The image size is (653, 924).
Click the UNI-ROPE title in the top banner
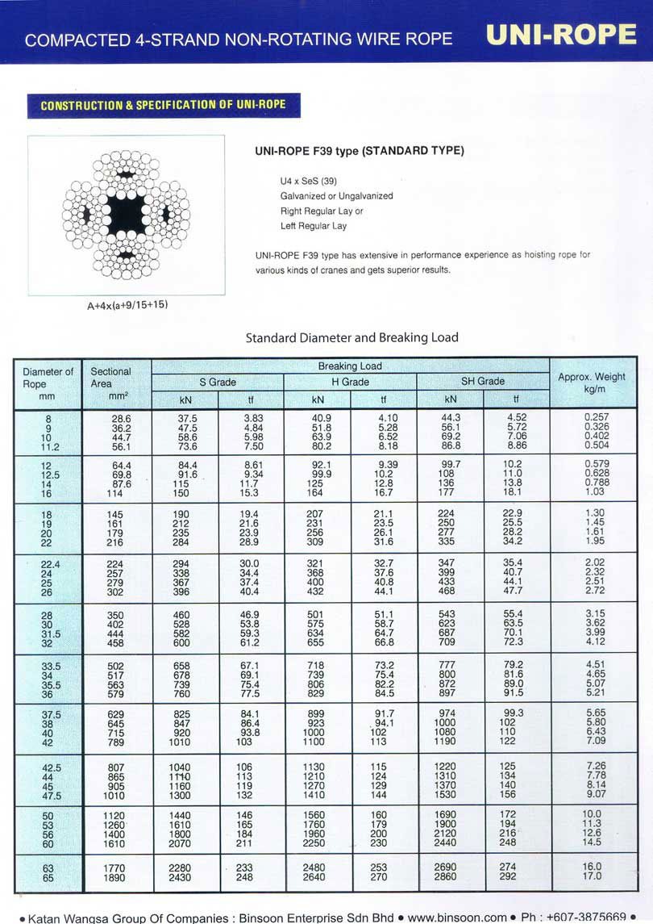point(562,35)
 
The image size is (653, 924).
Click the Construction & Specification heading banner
point(164,106)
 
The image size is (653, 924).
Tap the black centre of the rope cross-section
point(126,215)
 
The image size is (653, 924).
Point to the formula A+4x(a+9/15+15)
point(127,305)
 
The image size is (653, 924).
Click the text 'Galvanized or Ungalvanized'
point(336,196)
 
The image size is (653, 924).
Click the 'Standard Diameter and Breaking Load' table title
point(351,337)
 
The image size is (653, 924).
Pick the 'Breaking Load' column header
point(350,366)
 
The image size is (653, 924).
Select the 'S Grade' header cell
point(218,382)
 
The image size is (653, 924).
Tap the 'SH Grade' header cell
point(483,382)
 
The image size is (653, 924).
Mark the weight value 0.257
point(596,416)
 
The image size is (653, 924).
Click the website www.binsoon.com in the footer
point(457,917)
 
